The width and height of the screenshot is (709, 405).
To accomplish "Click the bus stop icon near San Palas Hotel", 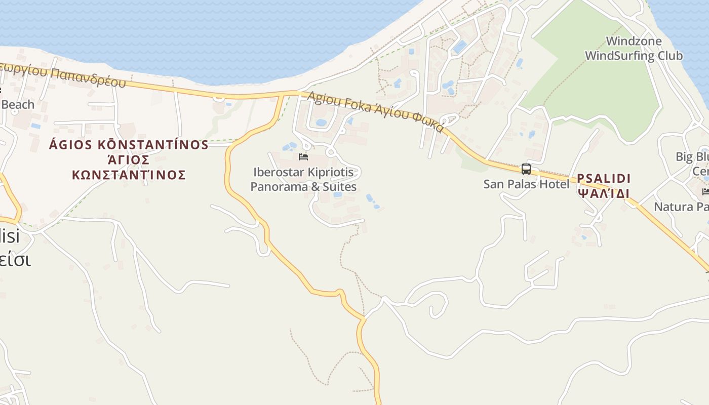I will (x=526, y=169).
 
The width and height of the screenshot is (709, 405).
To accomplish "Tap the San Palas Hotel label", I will (x=526, y=184).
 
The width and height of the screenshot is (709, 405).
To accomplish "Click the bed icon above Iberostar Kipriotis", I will (x=303, y=157).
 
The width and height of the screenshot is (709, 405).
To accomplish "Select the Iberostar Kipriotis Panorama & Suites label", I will (x=303, y=180).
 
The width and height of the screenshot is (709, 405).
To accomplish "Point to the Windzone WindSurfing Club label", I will (x=634, y=49).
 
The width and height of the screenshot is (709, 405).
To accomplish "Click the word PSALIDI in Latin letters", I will (x=604, y=179).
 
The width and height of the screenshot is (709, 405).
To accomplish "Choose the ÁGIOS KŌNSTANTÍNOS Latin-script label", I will (x=129, y=145).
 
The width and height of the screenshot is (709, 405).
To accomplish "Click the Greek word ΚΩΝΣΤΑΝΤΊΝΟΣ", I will (x=129, y=175).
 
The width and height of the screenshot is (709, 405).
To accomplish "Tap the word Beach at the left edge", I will (x=18, y=105).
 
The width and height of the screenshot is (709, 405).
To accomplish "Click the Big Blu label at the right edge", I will (x=692, y=156).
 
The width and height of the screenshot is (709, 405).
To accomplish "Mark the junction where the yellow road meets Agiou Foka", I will (x=282, y=95).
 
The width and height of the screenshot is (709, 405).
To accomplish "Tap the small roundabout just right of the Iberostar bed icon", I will (x=331, y=151).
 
